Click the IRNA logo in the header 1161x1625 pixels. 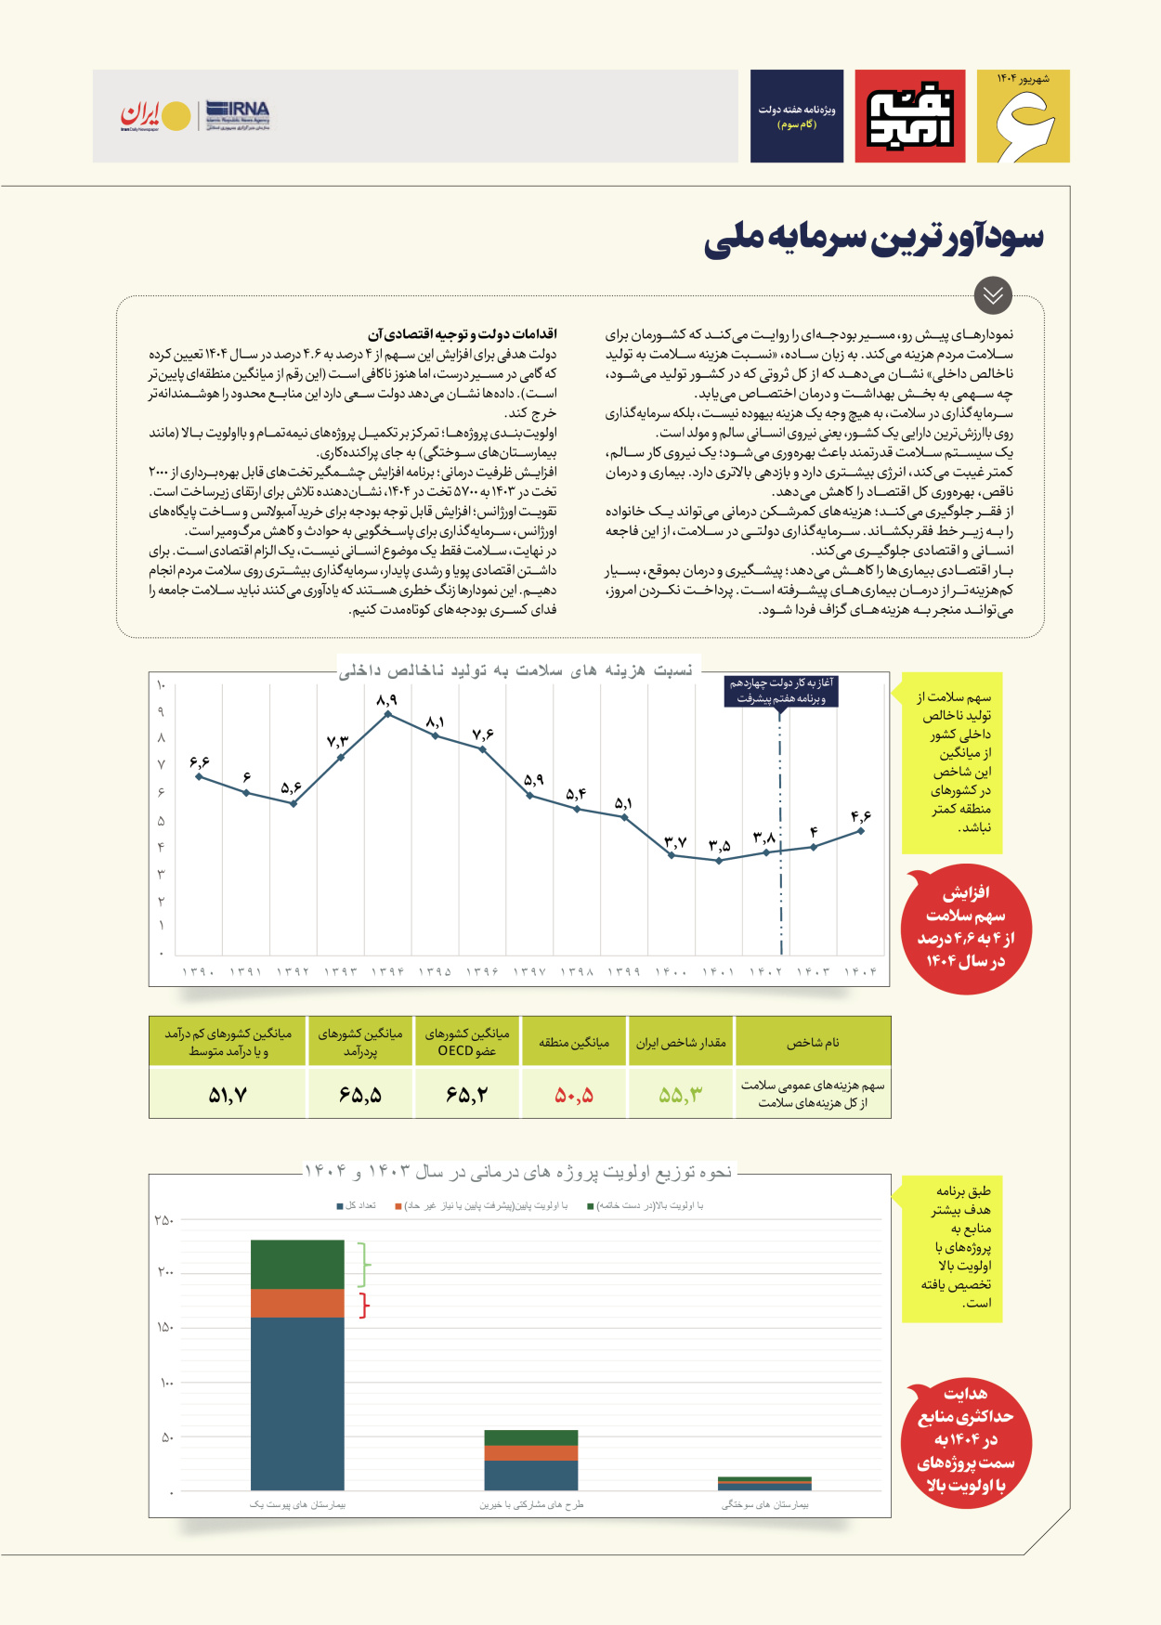[238, 115]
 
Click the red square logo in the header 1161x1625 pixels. [910, 116]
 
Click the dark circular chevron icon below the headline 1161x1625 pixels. [993, 295]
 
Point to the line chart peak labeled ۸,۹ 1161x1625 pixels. [387, 713]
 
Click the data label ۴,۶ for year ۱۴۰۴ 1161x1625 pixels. [861, 816]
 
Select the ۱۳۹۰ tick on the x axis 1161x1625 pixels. [198, 971]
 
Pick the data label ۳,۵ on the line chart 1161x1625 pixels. [719, 845]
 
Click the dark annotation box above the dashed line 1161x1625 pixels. [780, 691]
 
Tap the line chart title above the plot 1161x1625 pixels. [516, 670]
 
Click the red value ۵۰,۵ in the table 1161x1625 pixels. [574, 1096]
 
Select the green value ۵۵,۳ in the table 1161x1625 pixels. [681, 1096]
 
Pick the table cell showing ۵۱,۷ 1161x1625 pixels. [228, 1096]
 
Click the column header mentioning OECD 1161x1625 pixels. [467, 1042]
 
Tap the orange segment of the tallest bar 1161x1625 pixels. [297, 1303]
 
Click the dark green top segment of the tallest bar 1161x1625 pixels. [297, 1264]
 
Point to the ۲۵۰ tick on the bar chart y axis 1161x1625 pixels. [164, 1220]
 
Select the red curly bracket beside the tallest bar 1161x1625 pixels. [365, 1305]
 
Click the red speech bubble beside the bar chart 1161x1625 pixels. [965, 1439]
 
